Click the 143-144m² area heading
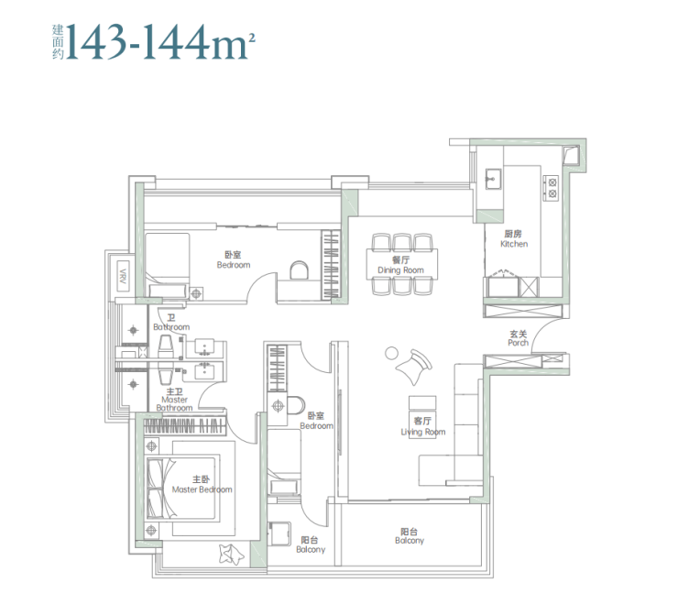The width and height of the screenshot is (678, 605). click(154, 41)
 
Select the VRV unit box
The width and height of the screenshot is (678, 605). click(123, 276)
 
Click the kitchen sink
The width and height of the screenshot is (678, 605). click(493, 179)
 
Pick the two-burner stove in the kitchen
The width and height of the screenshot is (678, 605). click(552, 188)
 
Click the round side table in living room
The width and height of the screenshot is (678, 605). click(391, 353)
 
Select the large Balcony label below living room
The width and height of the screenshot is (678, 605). click(409, 536)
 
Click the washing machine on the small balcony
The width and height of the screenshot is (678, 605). click(279, 533)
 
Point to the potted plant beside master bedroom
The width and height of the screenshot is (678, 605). click(232, 554)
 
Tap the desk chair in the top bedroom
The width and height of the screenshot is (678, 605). click(299, 270)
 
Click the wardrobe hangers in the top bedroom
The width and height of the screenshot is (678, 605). click(332, 265)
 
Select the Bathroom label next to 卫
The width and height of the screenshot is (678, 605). click(171, 327)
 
